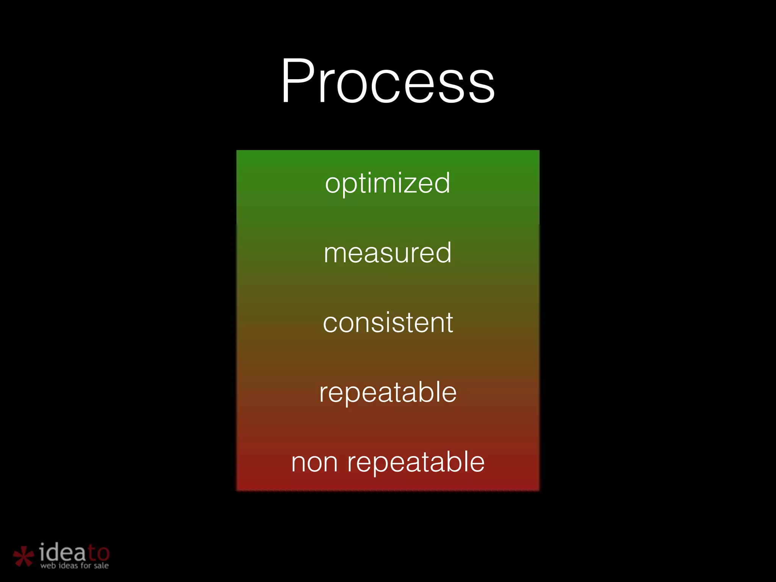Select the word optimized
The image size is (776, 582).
tap(388, 183)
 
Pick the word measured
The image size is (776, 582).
tap(388, 253)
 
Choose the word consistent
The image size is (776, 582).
tap(388, 323)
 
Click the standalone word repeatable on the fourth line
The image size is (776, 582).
tap(388, 393)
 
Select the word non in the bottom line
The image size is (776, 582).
tap(314, 463)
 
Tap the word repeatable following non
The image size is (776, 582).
tap(416, 463)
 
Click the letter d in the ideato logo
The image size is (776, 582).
tap(55, 552)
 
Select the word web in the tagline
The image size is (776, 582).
tap(48, 566)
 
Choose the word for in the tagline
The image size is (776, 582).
tap(86, 565)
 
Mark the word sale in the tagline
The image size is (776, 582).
tap(101, 566)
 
